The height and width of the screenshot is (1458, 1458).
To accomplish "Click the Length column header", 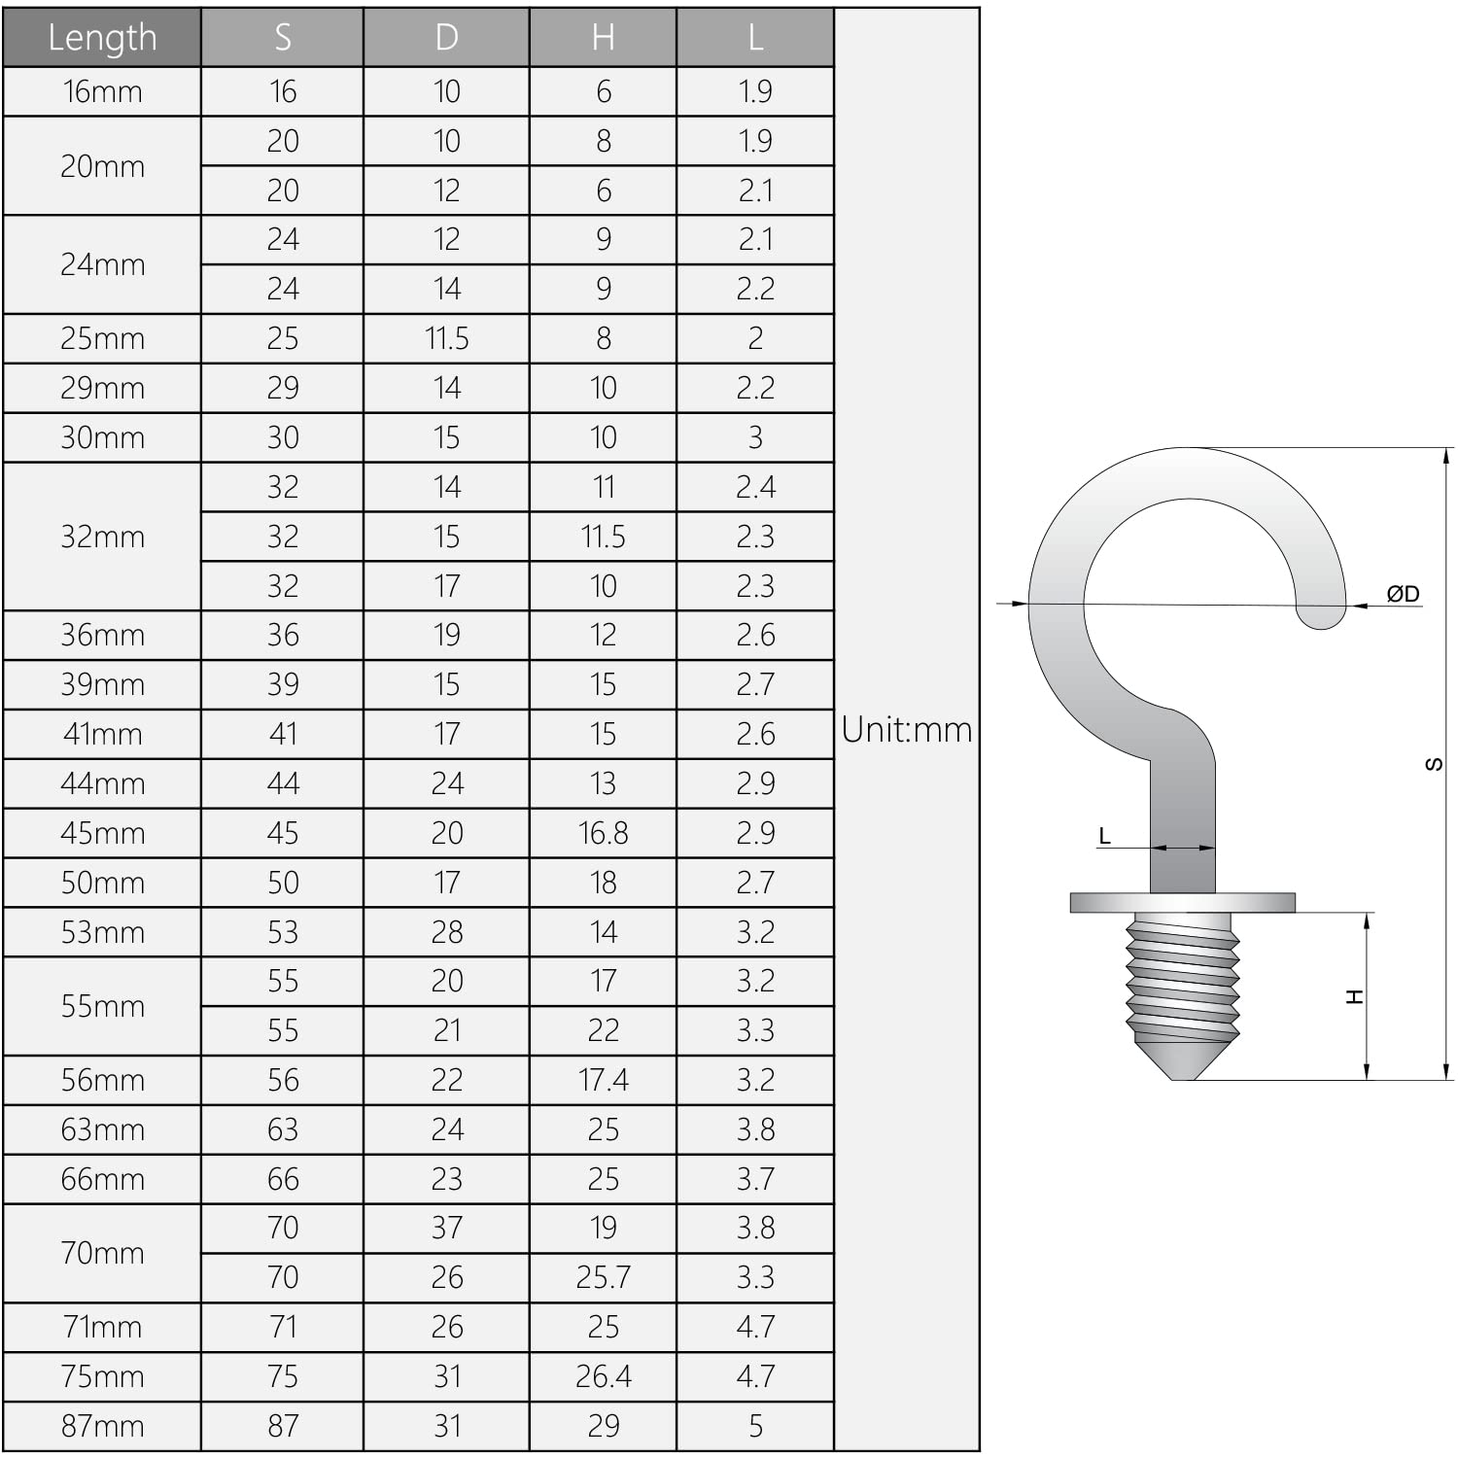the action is (x=102, y=37).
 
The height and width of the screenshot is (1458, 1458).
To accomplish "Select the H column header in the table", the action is (x=603, y=37).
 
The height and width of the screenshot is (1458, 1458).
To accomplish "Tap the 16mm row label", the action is (x=102, y=91).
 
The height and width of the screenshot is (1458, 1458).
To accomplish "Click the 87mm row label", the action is (x=102, y=1426).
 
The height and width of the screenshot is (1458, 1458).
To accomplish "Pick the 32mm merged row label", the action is (x=102, y=537).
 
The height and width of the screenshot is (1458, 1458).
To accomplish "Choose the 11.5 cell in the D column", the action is (x=446, y=338).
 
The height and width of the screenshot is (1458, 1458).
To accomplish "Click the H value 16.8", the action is (x=603, y=833).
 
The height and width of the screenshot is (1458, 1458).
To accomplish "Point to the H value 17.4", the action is (x=603, y=1080).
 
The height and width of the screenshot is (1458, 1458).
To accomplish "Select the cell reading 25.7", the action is (x=603, y=1277).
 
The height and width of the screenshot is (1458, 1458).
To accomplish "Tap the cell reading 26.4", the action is (x=603, y=1376).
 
